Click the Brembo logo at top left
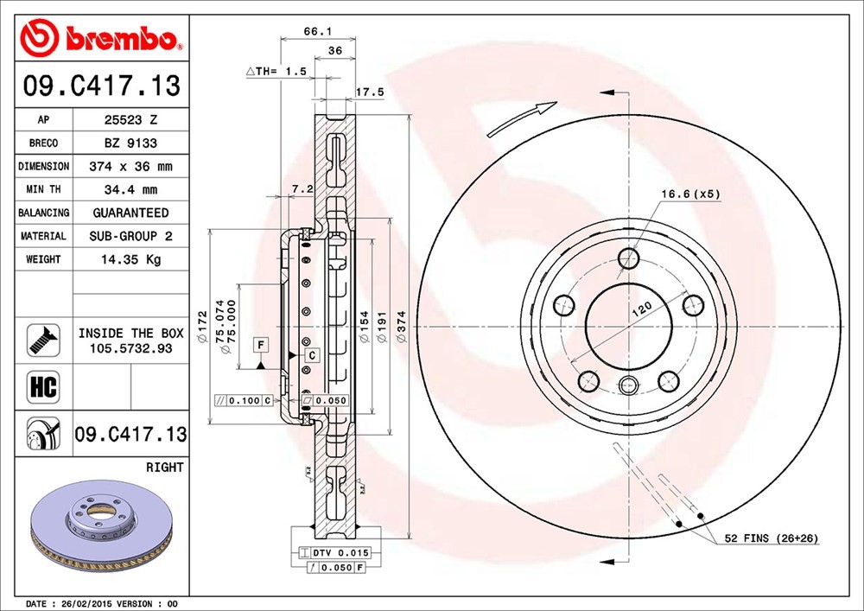click(101, 37)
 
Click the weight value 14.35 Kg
click(130, 259)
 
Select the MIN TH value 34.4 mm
click(130, 189)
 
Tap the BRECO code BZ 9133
click(130, 143)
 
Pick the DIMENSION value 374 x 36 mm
click(130, 167)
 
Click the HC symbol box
click(43, 386)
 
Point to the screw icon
click(43, 340)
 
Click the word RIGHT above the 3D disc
click(164, 468)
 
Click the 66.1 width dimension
click(318, 31)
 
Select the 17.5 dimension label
click(369, 92)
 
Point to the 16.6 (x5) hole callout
click(690, 194)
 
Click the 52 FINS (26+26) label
click(771, 538)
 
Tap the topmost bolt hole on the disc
click(628, 258)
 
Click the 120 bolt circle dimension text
click(642, 309)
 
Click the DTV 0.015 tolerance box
click(334, 552)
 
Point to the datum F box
click(261, 346)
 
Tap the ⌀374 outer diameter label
click(403, 326)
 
